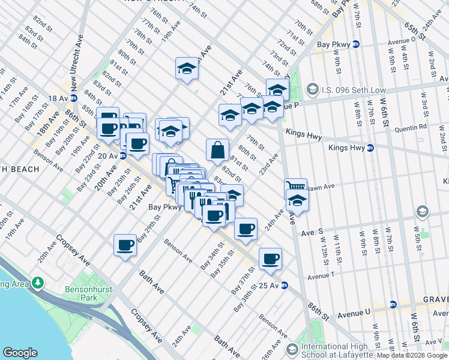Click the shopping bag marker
[x=217, y=150]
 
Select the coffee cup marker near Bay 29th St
[x=125, y=245]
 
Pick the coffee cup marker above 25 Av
[x=270, y=259]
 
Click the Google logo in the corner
[x=20, y=353]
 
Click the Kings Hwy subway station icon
[x=370, y=148]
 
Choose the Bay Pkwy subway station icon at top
[x=355, y=44]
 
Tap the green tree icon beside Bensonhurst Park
[x=38, y=282]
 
